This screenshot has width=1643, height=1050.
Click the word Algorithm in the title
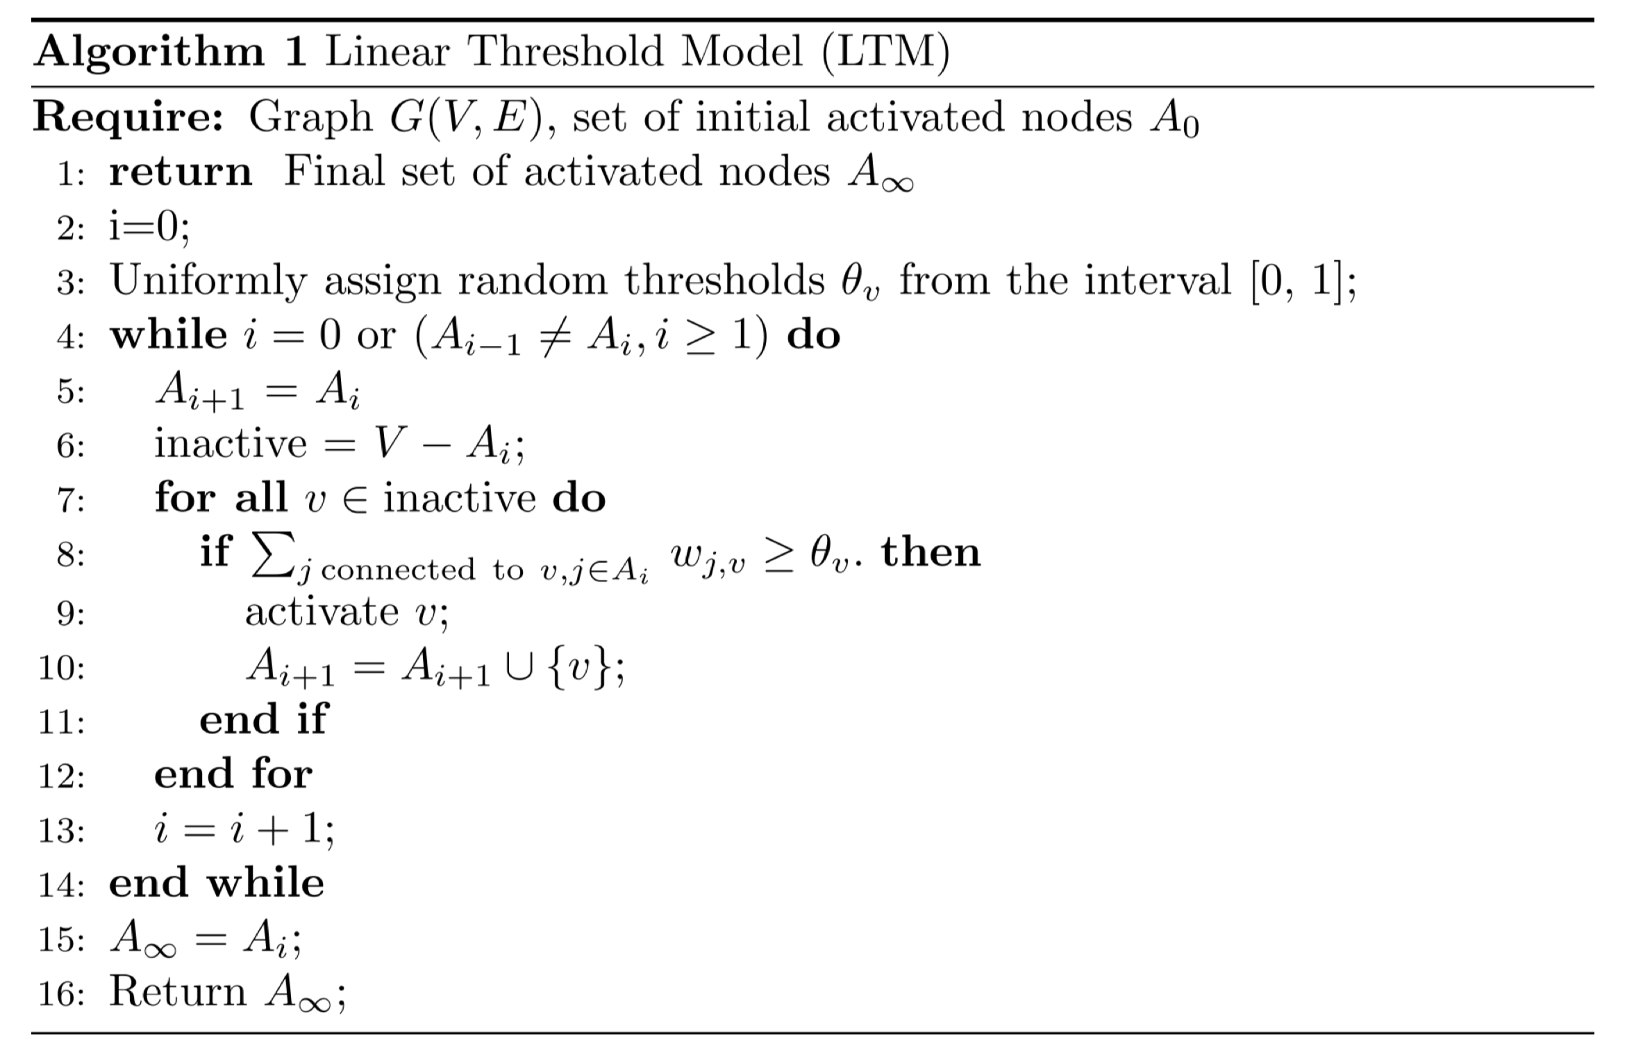[x=149, y=53]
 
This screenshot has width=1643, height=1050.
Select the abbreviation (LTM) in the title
[x=885, y=53]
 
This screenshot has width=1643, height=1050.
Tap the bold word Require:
[x=129, y=117]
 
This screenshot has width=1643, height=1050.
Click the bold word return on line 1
[x=181, y=172]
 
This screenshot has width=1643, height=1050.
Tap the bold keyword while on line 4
[x=169, y=336]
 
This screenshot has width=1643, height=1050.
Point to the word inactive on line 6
[x=230, y=444]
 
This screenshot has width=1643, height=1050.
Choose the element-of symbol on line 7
[x=354, y=500]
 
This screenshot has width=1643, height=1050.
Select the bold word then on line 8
[x=931, y=553]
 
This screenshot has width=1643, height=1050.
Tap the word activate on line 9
[x=322, y=612]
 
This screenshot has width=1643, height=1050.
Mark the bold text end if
[x=263, y=719]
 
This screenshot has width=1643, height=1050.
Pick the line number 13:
[x=62, y=831]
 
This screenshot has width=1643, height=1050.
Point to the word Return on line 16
[x=178, y=992]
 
